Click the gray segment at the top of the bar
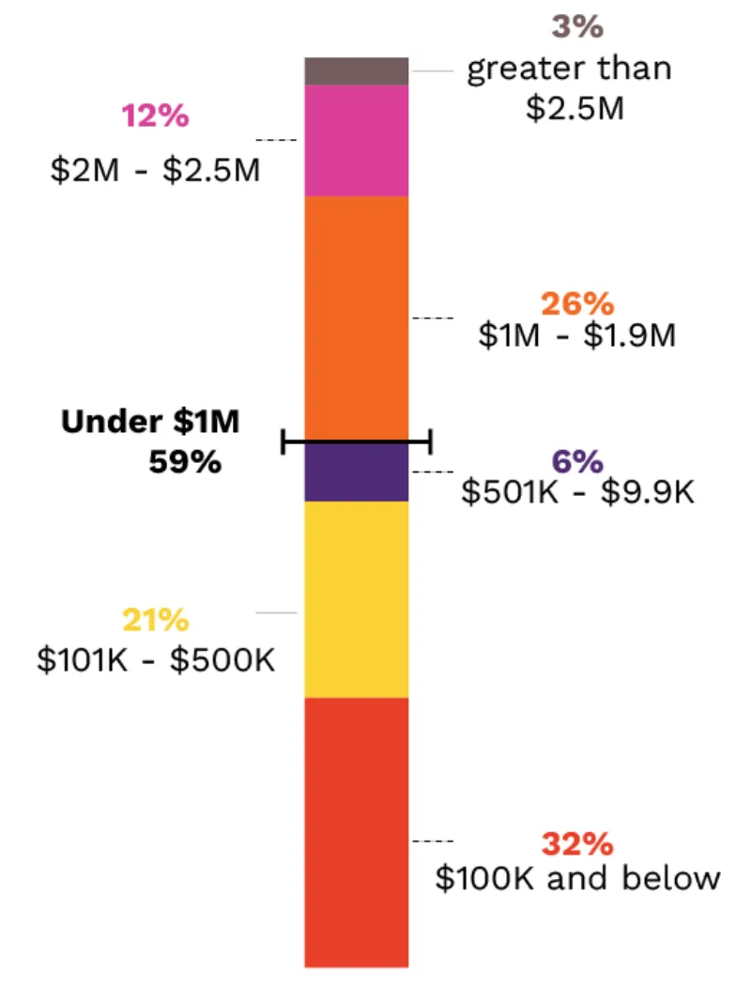coord(356,71)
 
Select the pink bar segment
coord(356,141)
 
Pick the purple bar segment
coord(356,472)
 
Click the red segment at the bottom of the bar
coord(356,831)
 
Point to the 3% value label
coord(576,26)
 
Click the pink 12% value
coord(155,117)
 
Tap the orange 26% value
coord(576,304)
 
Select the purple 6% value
coord(576,461)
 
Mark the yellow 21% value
coord(155,621)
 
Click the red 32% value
coord(576,843)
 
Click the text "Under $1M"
coord(150,423)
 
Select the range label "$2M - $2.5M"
coord(155,172)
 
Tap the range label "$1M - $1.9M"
coord(576,336)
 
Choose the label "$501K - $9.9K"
coord(577,492)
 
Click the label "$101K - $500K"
coord(155,658)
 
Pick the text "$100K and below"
coord(577,878)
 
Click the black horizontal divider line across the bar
coord(356,441)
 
